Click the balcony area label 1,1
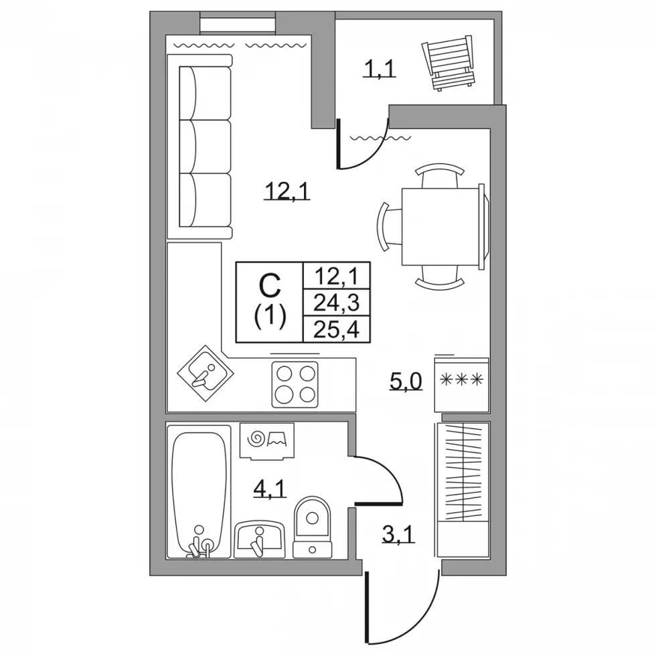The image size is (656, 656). [379, 69]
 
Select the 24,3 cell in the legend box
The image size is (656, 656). [337, 302]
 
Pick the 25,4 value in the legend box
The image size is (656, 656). [337, 329]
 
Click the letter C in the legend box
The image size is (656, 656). [270, 285]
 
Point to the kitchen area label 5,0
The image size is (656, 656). [406, 381]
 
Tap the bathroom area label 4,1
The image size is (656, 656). [270, 488]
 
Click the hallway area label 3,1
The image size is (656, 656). [398, 534]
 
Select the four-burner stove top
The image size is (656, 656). [295, 384]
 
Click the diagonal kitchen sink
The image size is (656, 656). [206, 374]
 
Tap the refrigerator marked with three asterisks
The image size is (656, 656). [462, 385]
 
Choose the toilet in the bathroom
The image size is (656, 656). [312, 527]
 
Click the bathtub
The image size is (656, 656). [199, 492]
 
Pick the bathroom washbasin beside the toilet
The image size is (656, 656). [260, 539]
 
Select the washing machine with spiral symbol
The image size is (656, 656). [267, 440]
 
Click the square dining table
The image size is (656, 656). [441, 226]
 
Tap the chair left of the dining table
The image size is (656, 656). [389, 227]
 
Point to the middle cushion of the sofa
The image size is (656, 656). [205, 147]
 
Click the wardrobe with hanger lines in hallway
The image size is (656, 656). [463, 490]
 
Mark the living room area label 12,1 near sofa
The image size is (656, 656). [287, 192]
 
